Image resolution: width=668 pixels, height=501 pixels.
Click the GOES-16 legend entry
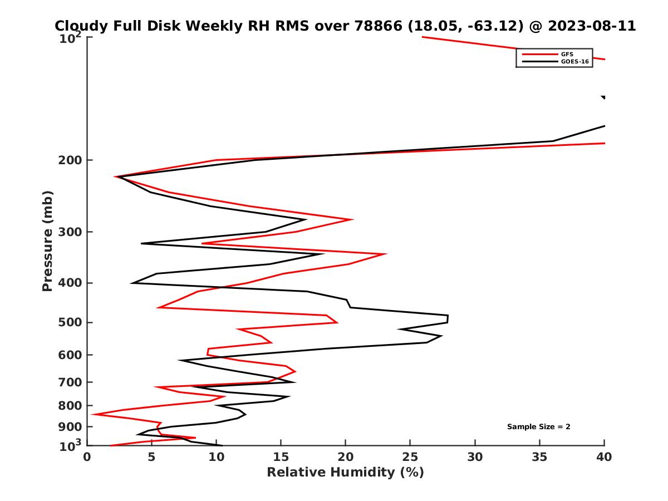(x=573, y=62)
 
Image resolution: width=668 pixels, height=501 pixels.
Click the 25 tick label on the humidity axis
(x=410, y=457)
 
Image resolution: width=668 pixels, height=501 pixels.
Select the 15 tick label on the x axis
(x=281, y=457)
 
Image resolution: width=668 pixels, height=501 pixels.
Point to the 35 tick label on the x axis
(x=539, y=457)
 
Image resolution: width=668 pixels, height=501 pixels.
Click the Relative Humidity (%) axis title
(x=345, y=473)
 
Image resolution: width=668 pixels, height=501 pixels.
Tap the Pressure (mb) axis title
(x=47, y=240)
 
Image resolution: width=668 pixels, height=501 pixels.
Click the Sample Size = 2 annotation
(x=538, y=427)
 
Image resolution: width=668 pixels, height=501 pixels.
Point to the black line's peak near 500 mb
(x=448, y=318)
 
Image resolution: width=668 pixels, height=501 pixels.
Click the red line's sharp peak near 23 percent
(x=386, y=254)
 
